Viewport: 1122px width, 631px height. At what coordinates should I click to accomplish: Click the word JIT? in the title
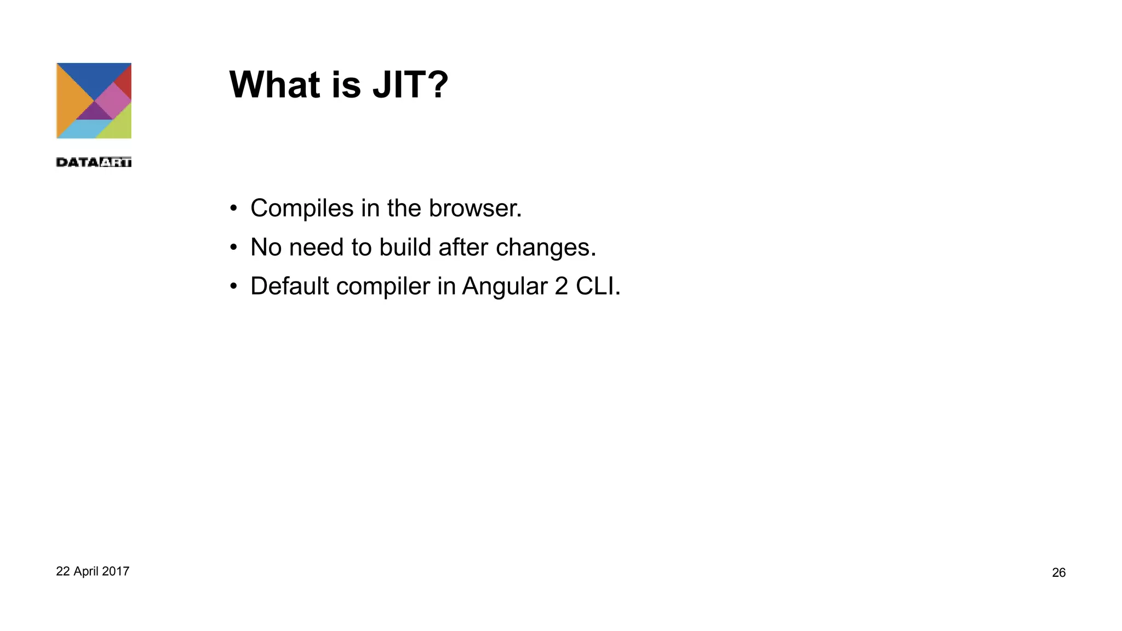pos(410,85)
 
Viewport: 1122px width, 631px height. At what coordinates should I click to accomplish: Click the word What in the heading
pos(274,85)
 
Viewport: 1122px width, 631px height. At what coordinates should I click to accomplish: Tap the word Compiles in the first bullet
pos(302,209)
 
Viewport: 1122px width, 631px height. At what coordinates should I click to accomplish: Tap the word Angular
pos(505,286)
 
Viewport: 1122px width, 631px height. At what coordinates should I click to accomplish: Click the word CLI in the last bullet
pos(596,286)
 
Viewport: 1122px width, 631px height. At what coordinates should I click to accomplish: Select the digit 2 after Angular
pos(561,286)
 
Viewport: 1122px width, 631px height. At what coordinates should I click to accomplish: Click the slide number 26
pos(1058,573)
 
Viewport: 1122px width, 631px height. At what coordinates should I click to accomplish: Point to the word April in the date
pos(85,572)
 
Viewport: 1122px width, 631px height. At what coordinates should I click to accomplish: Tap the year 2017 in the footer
pos(116,571)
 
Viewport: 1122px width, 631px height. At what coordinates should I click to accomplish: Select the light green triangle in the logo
pos(118,124)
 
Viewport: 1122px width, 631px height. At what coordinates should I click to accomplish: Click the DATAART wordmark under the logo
pos(94,162)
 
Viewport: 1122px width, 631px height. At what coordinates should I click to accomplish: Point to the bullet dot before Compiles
pos(233,209)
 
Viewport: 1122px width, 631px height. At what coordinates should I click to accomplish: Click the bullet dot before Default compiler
pos(233,286)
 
